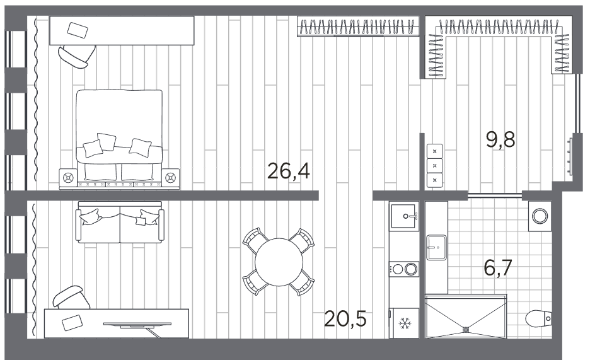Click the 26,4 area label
click(288, 171)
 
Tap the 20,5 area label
click(345, 320)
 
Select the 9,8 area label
click(500, 139)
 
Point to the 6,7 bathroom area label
click(498, 268)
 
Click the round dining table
click(279, 262)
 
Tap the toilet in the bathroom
click(538, 319)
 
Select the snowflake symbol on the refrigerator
click(405, 323)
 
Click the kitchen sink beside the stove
click(404, 216)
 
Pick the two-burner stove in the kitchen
click(404, 269)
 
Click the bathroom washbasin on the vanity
click(436, 248)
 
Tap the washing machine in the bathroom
click(540, 216)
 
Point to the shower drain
click(466, 329)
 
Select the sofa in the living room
click(120, 222)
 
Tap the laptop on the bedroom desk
click(78, 30)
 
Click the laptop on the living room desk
click(72, 323)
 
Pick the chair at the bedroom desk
click(77, 56)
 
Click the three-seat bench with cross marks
click(434, 166)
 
